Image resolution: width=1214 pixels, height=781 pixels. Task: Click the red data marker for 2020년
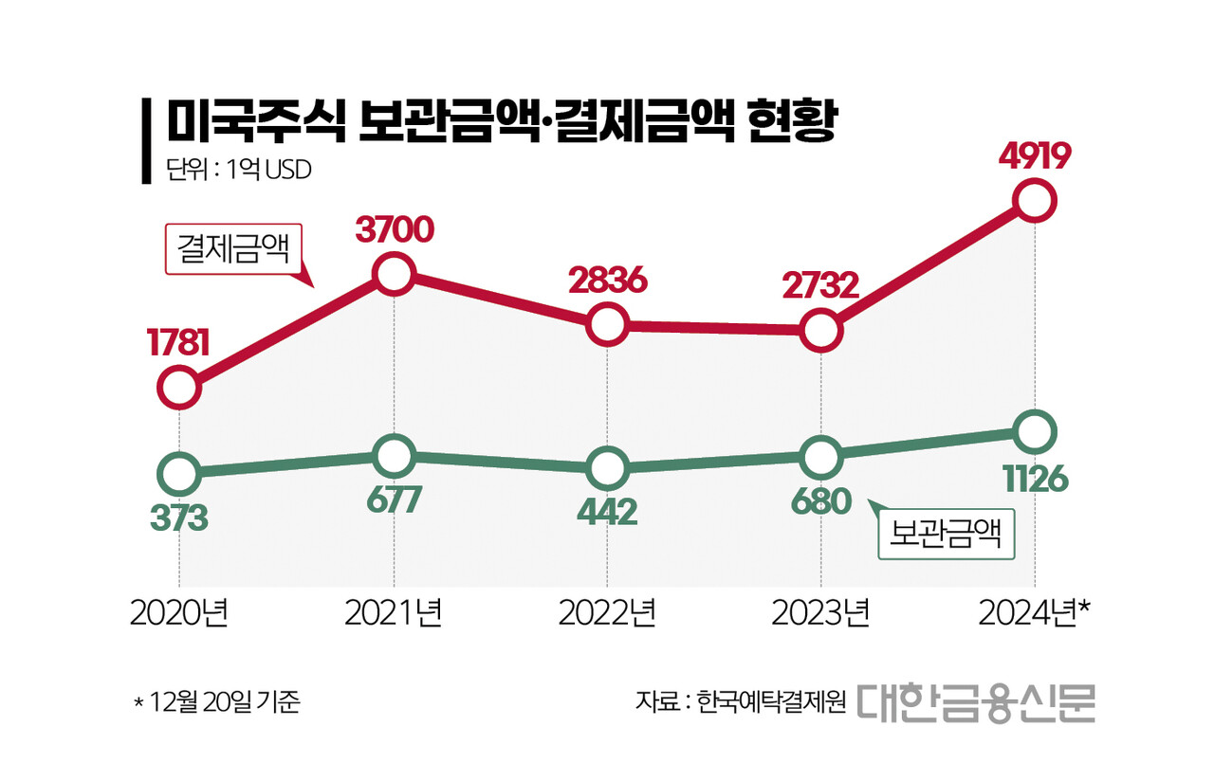179,387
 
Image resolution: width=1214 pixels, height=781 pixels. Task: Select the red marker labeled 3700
394,275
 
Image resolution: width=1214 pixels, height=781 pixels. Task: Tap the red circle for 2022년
607,325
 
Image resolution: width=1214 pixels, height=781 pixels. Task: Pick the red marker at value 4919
1034,201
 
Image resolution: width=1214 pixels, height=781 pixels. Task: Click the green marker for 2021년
394,455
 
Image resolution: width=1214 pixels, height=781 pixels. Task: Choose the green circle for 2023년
820,457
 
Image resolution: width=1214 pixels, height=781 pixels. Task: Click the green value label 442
606,513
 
